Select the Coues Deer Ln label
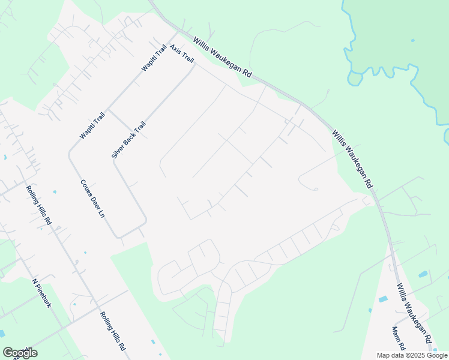[92, 198]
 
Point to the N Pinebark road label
[43, 293]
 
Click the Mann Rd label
[399, 339]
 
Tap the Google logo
[20, 353]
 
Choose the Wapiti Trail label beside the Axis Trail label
[154, 58]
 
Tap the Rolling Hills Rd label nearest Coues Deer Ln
[39, 205]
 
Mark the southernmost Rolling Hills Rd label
[112, 331]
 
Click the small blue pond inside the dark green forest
[413, 40]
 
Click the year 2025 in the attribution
[415, 355]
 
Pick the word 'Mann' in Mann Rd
[396, 334]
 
